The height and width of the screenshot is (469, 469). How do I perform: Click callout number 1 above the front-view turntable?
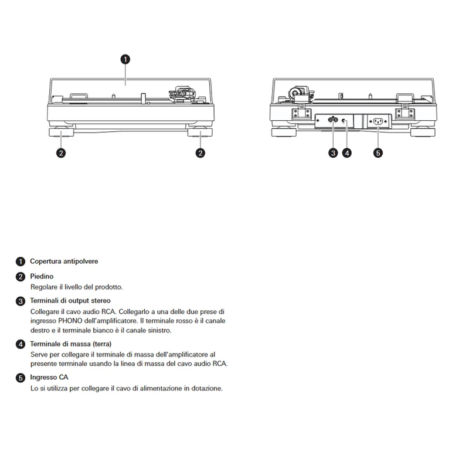point(125,59)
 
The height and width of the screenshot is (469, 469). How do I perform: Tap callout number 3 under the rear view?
point(333,153)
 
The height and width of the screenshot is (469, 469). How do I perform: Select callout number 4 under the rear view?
point(346,153)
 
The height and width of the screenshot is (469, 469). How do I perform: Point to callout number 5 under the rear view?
point(378,153)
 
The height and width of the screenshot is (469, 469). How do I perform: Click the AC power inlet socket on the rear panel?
point(378,121)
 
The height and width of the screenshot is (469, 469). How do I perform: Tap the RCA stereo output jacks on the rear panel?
point(333,120)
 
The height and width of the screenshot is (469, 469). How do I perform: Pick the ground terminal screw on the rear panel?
point(344,121)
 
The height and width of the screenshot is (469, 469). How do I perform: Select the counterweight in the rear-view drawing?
point(295,93)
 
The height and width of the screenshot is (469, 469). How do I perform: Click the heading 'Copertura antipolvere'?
point(64,261)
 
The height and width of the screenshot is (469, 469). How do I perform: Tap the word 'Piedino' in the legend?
point(42,276)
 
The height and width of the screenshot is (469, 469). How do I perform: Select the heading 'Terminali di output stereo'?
point(70,301)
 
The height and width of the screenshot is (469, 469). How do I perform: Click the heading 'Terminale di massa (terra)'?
point(70,344)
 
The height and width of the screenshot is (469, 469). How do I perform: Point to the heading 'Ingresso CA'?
point(49,377)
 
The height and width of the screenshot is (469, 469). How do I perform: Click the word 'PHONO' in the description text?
point(70,321)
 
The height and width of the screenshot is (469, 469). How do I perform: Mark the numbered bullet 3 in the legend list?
point(21,301)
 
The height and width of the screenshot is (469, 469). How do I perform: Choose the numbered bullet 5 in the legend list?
point(21,378)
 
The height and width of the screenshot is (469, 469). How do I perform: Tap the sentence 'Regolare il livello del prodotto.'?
point(77,287)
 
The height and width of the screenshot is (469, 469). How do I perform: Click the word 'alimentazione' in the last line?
point(161,388)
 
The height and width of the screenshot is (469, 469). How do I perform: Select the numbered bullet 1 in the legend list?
point(21,261)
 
